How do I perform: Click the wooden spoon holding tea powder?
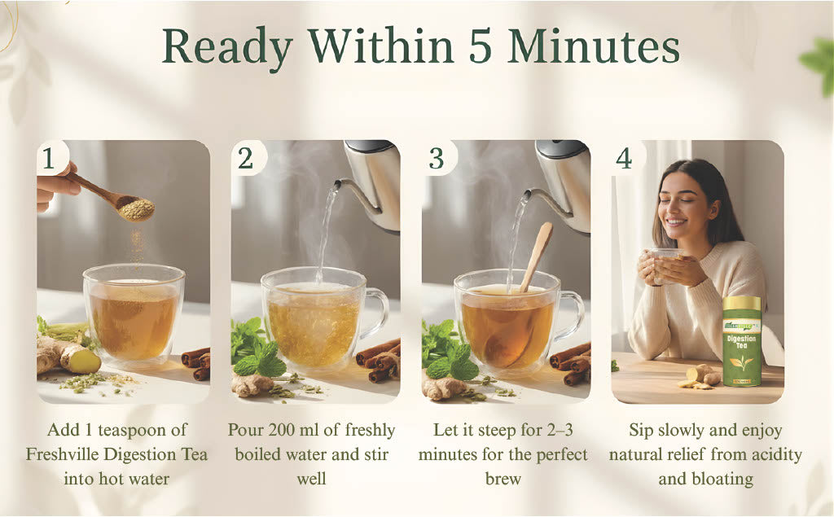[122, 202]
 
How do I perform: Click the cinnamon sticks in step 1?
[196, 362]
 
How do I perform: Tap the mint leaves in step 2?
[254, 348]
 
